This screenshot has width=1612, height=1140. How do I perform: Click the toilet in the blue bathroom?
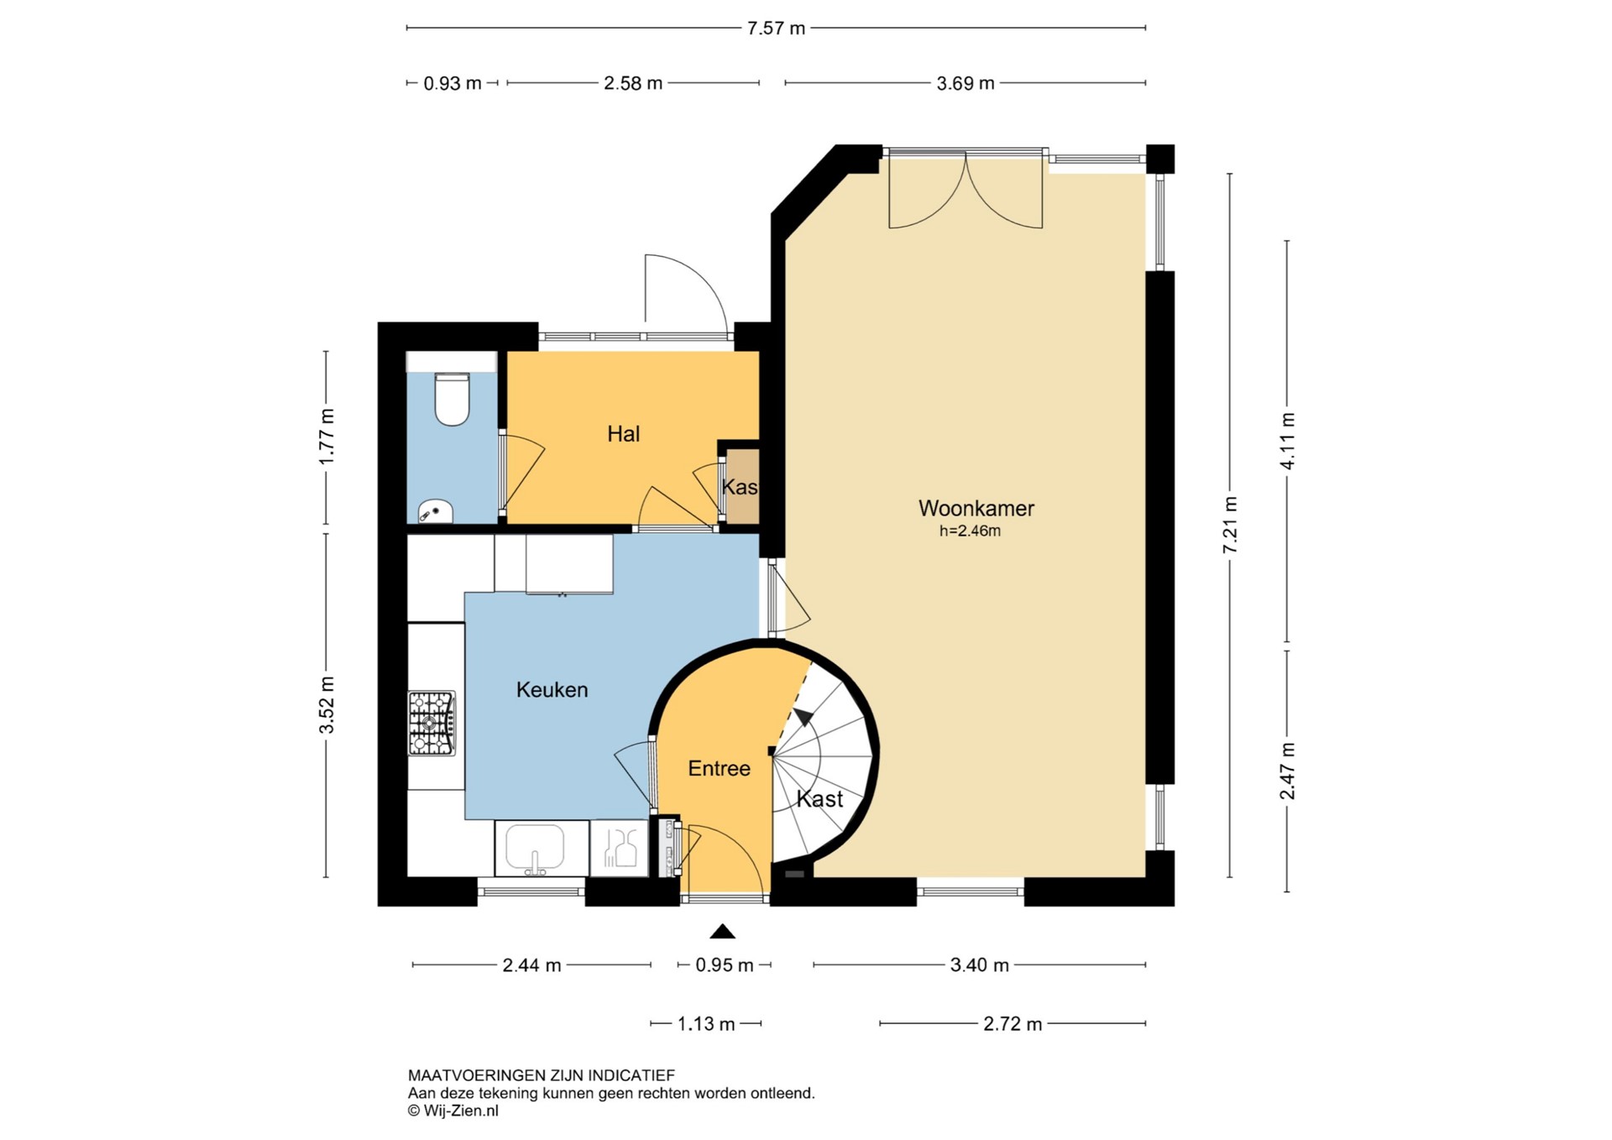452,400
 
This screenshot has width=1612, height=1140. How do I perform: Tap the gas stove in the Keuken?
432,723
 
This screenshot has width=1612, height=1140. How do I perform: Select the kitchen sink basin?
534,848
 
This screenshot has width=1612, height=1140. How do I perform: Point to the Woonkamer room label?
976,508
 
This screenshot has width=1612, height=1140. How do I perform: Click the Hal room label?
623,434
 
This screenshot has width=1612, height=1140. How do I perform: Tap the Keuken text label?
552,690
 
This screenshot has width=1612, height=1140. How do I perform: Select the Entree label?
719,768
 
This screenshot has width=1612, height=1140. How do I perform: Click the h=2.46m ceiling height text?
970,531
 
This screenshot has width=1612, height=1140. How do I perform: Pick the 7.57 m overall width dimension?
776,29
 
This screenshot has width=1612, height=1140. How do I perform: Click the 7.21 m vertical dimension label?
1230,525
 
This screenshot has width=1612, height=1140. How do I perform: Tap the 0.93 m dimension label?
453,83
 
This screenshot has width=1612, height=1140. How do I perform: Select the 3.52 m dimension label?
326,705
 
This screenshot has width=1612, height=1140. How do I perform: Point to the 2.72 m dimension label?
1013,1024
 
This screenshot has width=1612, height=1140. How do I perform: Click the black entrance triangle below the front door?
722,931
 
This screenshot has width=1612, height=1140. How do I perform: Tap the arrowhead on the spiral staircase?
803,717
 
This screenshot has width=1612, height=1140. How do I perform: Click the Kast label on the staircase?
819,799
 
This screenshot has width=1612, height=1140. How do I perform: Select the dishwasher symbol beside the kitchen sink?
619,848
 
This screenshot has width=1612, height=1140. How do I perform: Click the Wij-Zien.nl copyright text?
453,1111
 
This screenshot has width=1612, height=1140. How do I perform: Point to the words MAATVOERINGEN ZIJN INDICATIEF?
542,1075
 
